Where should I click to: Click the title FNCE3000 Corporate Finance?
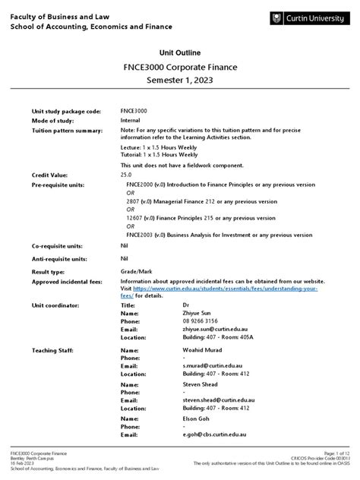point(180,66)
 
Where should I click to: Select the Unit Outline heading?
point(179,52)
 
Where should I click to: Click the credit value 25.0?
point(126,175)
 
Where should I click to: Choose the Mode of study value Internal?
point(131,120)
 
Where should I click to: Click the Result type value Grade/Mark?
point(136,271)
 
